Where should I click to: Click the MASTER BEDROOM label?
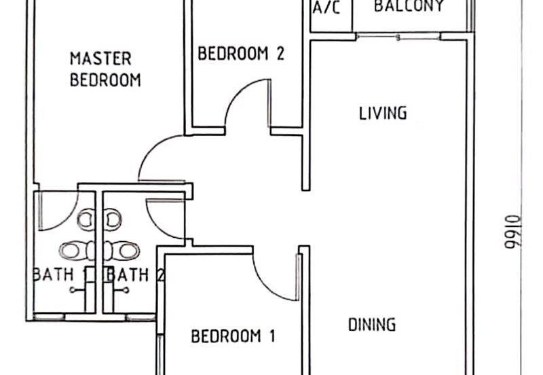pyautogui.click(x=105, y=69)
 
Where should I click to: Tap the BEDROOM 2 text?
pyautogui.click(x=240, y=54)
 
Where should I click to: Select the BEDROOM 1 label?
pyautogui.click(x=233, y=336)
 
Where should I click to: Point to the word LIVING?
pyautogui.click(x=383, y=113)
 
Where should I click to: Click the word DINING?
pyautogui.click(x=372, y=325)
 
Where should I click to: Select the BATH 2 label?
pyautogui.click(x=136, y=275)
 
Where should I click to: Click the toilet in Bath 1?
pyautogui.click(x=76, y=251)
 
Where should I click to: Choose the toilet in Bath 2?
pyautogui.click(x=126, y=251)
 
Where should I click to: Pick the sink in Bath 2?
pyautogui.click(x=113, y=219)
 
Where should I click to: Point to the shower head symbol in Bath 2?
pyautogui.click(x=125, y=290)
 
